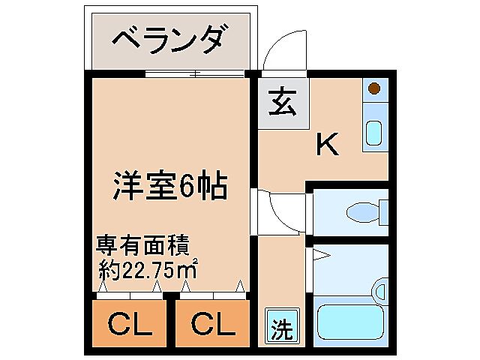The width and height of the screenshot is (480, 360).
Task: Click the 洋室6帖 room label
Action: click(x=169, y=184)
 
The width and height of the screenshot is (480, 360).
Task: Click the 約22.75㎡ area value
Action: click(x=148, y=268)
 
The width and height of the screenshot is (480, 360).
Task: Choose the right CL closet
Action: click(x=211, y=325)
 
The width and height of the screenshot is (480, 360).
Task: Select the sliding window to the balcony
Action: click(x=195, y=73)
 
